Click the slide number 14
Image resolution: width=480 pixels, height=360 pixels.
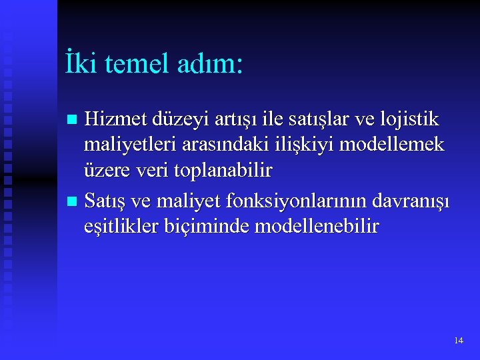point(458,341)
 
